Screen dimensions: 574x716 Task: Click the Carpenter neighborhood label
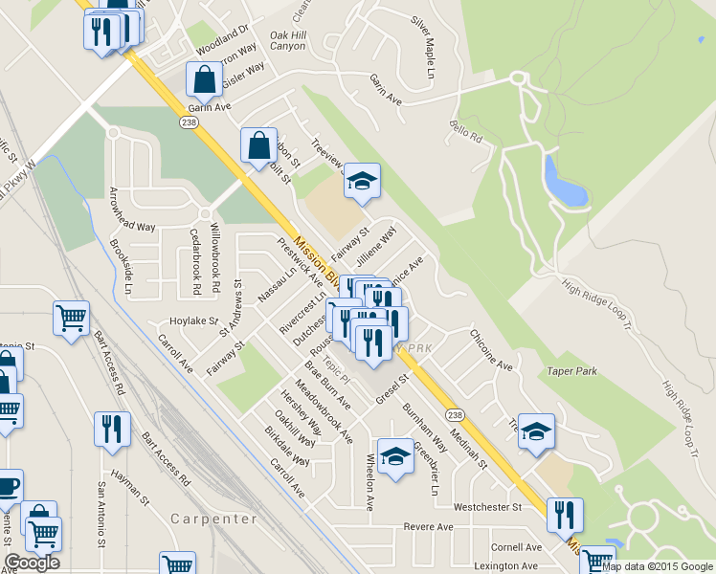pyautogui.click(x=214, y=519)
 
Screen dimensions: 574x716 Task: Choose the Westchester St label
pyautogui.click(x=486, y=506)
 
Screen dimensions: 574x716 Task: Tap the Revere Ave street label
pyautogui.click(x=428, y=527)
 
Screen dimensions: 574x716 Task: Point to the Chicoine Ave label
pyautogui.click(x=491, y=350)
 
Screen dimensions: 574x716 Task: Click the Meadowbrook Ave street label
pyautogui.click(x=324, y=411)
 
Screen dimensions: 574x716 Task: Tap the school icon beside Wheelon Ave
pyautogui.click(x=394, y=454)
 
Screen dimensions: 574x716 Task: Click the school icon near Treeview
pyautogui.click(x=362, y=180)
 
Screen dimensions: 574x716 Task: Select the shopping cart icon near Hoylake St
pyautogui.click(x=72, y=318)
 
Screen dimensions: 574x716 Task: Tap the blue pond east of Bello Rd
pyautogui.click(x=564, y=183)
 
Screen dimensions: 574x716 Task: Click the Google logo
pyautogui.click(x=32, y=563)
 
